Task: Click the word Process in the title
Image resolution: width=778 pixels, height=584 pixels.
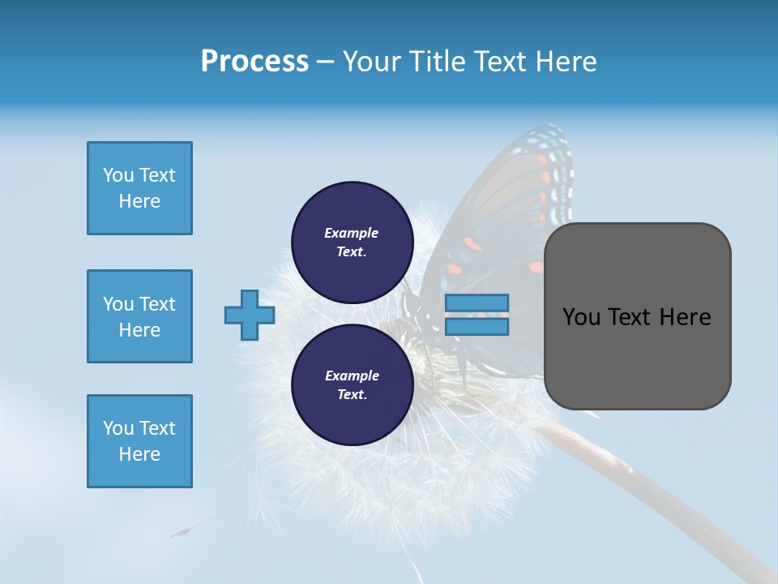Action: pos(254,62)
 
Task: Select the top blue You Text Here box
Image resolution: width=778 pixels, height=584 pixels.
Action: pos(139,188)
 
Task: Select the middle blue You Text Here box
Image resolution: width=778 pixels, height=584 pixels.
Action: pos(139,316)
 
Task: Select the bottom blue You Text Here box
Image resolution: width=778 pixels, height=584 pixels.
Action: pos(139,441)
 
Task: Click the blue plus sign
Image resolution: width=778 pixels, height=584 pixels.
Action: pos(250,315)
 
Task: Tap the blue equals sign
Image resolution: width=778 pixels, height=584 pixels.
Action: pos(477,315)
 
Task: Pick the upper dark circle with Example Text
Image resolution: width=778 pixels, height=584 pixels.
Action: pos(352,243)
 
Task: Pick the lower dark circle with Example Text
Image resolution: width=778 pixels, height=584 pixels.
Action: pos(352,384)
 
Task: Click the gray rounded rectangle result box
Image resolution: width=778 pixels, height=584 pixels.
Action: pos(637,357)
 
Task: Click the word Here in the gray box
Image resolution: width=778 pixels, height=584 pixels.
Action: pos(685,317)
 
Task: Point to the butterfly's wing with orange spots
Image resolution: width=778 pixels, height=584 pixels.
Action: pos(519,203)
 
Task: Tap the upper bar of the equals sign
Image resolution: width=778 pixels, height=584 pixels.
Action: pos(477,303)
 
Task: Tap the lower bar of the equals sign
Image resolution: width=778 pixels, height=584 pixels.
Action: pos(477,327)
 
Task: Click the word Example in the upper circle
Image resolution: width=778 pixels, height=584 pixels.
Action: pos(352,233)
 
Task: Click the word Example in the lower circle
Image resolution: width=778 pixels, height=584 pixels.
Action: pos(352,376)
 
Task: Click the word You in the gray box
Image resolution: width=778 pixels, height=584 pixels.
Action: pos(580,317)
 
